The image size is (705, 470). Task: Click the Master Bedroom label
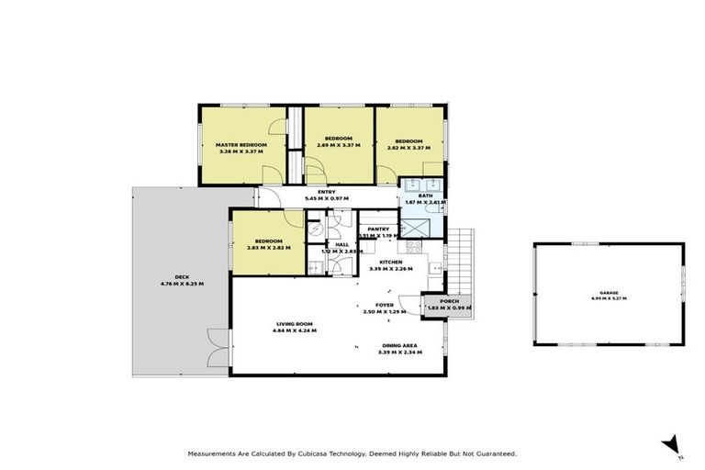[x=241, y=145]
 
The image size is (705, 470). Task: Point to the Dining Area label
[x=399, y=346]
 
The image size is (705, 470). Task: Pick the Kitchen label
[x=391, y=262]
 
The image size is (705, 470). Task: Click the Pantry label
[x=378, y=229]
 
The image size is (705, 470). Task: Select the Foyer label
[x=385, y=306]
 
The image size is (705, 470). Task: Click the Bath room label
[x=425, y=196]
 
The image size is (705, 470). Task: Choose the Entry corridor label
[x=327, y=192]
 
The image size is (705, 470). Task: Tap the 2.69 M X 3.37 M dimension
[x=339, y=145]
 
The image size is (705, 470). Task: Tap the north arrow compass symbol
[x=672, y=444]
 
